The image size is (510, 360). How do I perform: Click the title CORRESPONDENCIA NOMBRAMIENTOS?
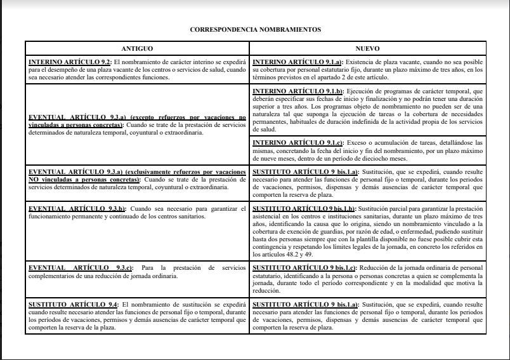point(255,29)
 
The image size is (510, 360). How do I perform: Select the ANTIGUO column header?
point(137,48)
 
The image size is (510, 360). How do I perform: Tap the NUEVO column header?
point(367,48)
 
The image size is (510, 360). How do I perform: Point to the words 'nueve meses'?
point(270,159)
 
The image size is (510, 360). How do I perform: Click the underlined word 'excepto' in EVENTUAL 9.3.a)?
point(131,117)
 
